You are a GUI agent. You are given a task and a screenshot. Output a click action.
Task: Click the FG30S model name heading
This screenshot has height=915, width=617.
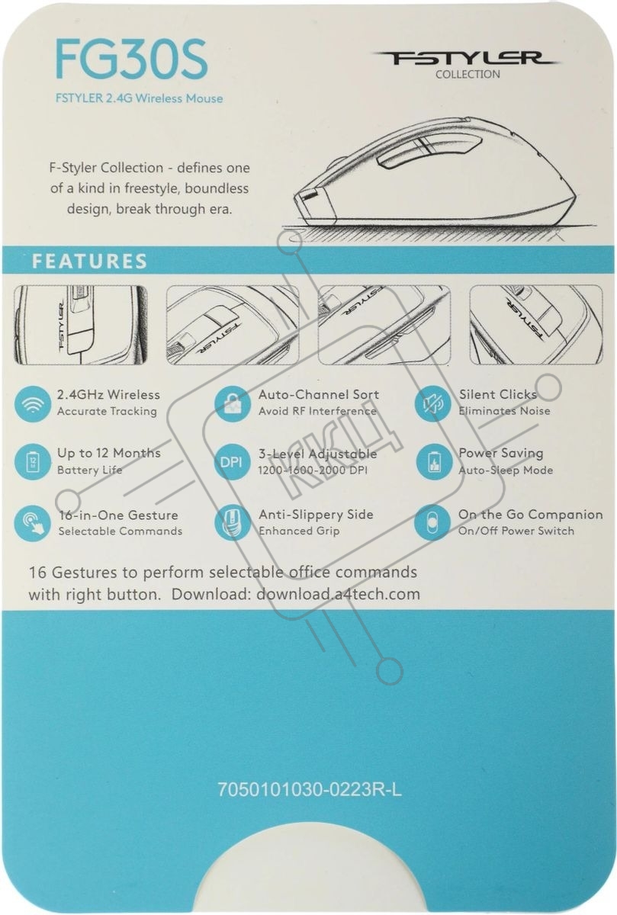click(x=132, y=60)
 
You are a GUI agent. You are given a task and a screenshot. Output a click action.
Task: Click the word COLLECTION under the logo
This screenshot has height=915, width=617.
click(x=468, y=75)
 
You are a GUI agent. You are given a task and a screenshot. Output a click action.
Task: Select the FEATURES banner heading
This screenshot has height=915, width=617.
click(x=89, y=261)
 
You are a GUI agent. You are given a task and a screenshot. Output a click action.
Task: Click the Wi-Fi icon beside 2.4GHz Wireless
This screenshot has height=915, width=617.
click(x=32, y=403)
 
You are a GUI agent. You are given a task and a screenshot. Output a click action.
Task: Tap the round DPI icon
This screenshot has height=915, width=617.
click(x=231, y=462)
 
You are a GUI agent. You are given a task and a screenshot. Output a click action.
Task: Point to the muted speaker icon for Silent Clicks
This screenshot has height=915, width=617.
click(x=432, y=403)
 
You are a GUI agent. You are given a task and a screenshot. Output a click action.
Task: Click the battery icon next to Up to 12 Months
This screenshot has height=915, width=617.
click(x=32, y=462)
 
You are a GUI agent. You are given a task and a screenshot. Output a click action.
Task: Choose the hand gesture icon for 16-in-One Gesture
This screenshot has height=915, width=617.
click(x=32, y=523)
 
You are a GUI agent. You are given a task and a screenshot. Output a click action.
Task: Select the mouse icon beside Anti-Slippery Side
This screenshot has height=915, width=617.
click(x=231, y=523)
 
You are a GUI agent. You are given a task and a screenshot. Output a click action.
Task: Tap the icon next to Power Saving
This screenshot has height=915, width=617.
click(x=432, y=462)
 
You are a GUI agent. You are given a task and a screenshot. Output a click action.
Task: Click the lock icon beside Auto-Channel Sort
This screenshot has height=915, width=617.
click(x=231, y=403)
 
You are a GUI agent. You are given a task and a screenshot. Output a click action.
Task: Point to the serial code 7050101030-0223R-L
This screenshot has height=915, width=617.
click(x=310, y=790)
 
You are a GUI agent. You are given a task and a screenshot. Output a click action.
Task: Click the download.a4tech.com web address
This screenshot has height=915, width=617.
click(x=338, y=593)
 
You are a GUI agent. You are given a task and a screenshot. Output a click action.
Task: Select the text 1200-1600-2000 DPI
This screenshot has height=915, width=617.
click(x=313, y=470)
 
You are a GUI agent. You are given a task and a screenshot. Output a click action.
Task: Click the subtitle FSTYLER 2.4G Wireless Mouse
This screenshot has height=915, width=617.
click(x=140, y=98)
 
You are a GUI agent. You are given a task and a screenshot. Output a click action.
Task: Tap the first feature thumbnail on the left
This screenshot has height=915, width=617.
click(x=81, y=325)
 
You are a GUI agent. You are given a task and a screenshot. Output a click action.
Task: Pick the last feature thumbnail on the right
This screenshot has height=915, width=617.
click(x=536, y=325)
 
